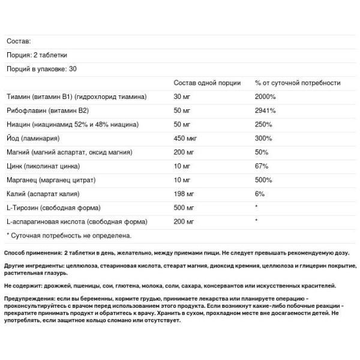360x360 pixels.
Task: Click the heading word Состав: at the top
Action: [18, 41]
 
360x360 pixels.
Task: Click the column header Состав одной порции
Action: [207, 83]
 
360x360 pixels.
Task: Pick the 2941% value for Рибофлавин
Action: [265, 110]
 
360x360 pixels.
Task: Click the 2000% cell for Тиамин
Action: [265, 97]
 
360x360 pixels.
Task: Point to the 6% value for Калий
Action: [259, 194]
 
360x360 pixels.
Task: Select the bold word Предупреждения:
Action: [29, 299]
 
